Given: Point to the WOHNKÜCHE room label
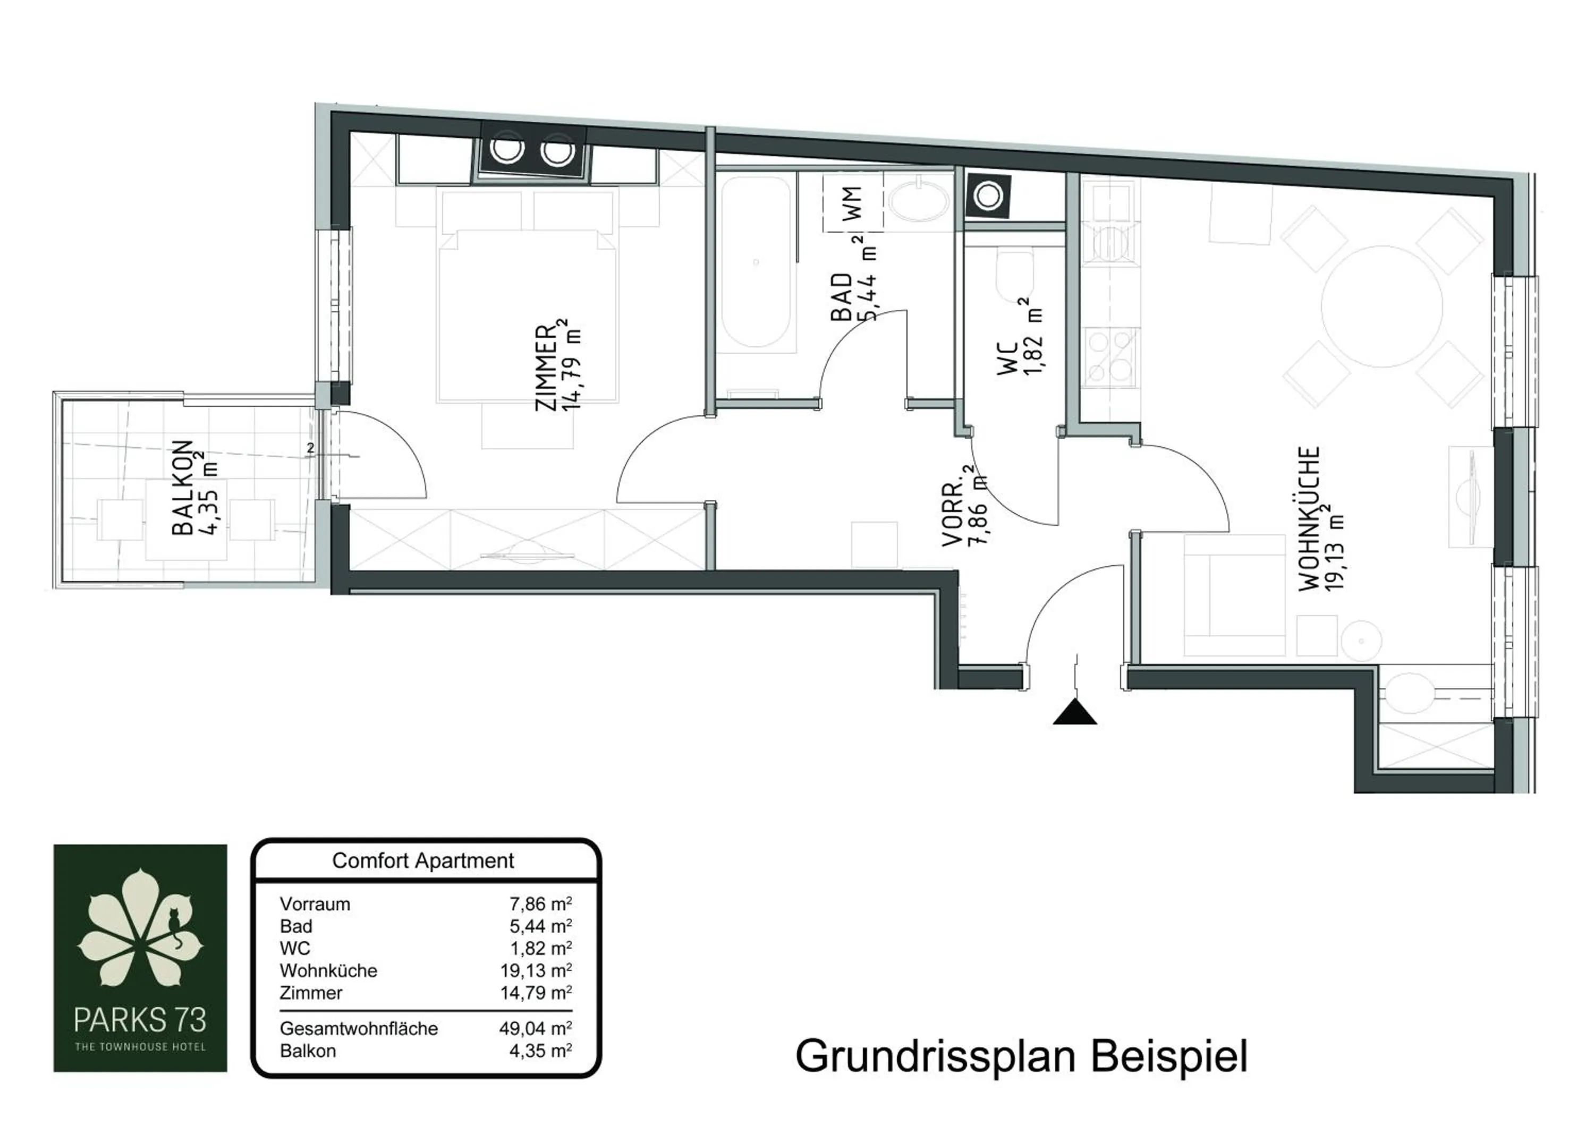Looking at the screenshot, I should point(1309,518).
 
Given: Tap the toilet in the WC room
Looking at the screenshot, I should point(1014,274).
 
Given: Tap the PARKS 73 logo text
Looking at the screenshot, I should point(140,1020).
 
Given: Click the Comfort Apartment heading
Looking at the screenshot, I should point(423,861).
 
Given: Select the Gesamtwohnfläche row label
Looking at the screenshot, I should point(358,1028).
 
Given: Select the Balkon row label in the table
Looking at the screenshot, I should point(308,1051).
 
